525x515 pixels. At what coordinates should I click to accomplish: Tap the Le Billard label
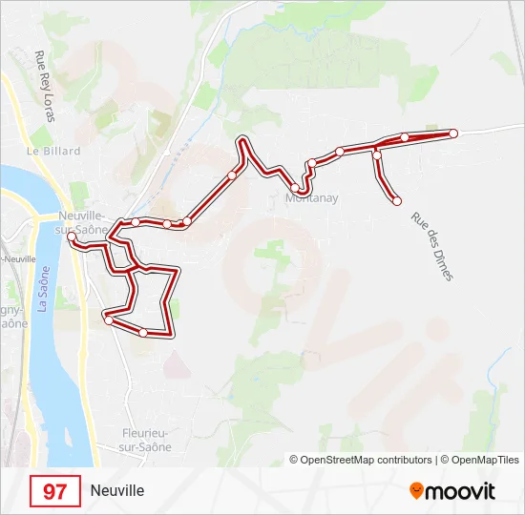[53, 151]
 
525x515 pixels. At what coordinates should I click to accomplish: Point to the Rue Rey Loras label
[43, 87]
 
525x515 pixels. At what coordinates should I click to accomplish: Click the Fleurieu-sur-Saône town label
[145, 440]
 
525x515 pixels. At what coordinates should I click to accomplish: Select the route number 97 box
[55, 491]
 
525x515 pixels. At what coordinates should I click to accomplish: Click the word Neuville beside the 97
[117, 491]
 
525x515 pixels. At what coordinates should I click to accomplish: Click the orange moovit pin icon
[416, 491]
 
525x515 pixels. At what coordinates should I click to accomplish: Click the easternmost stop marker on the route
[453, 134]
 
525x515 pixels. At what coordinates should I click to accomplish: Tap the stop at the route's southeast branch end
[397, 200]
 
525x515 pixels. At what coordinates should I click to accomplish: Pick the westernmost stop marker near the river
[72, 236]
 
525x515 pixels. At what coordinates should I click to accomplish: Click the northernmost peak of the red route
[243, 140]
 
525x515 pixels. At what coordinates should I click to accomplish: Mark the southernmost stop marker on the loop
[143, 332]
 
